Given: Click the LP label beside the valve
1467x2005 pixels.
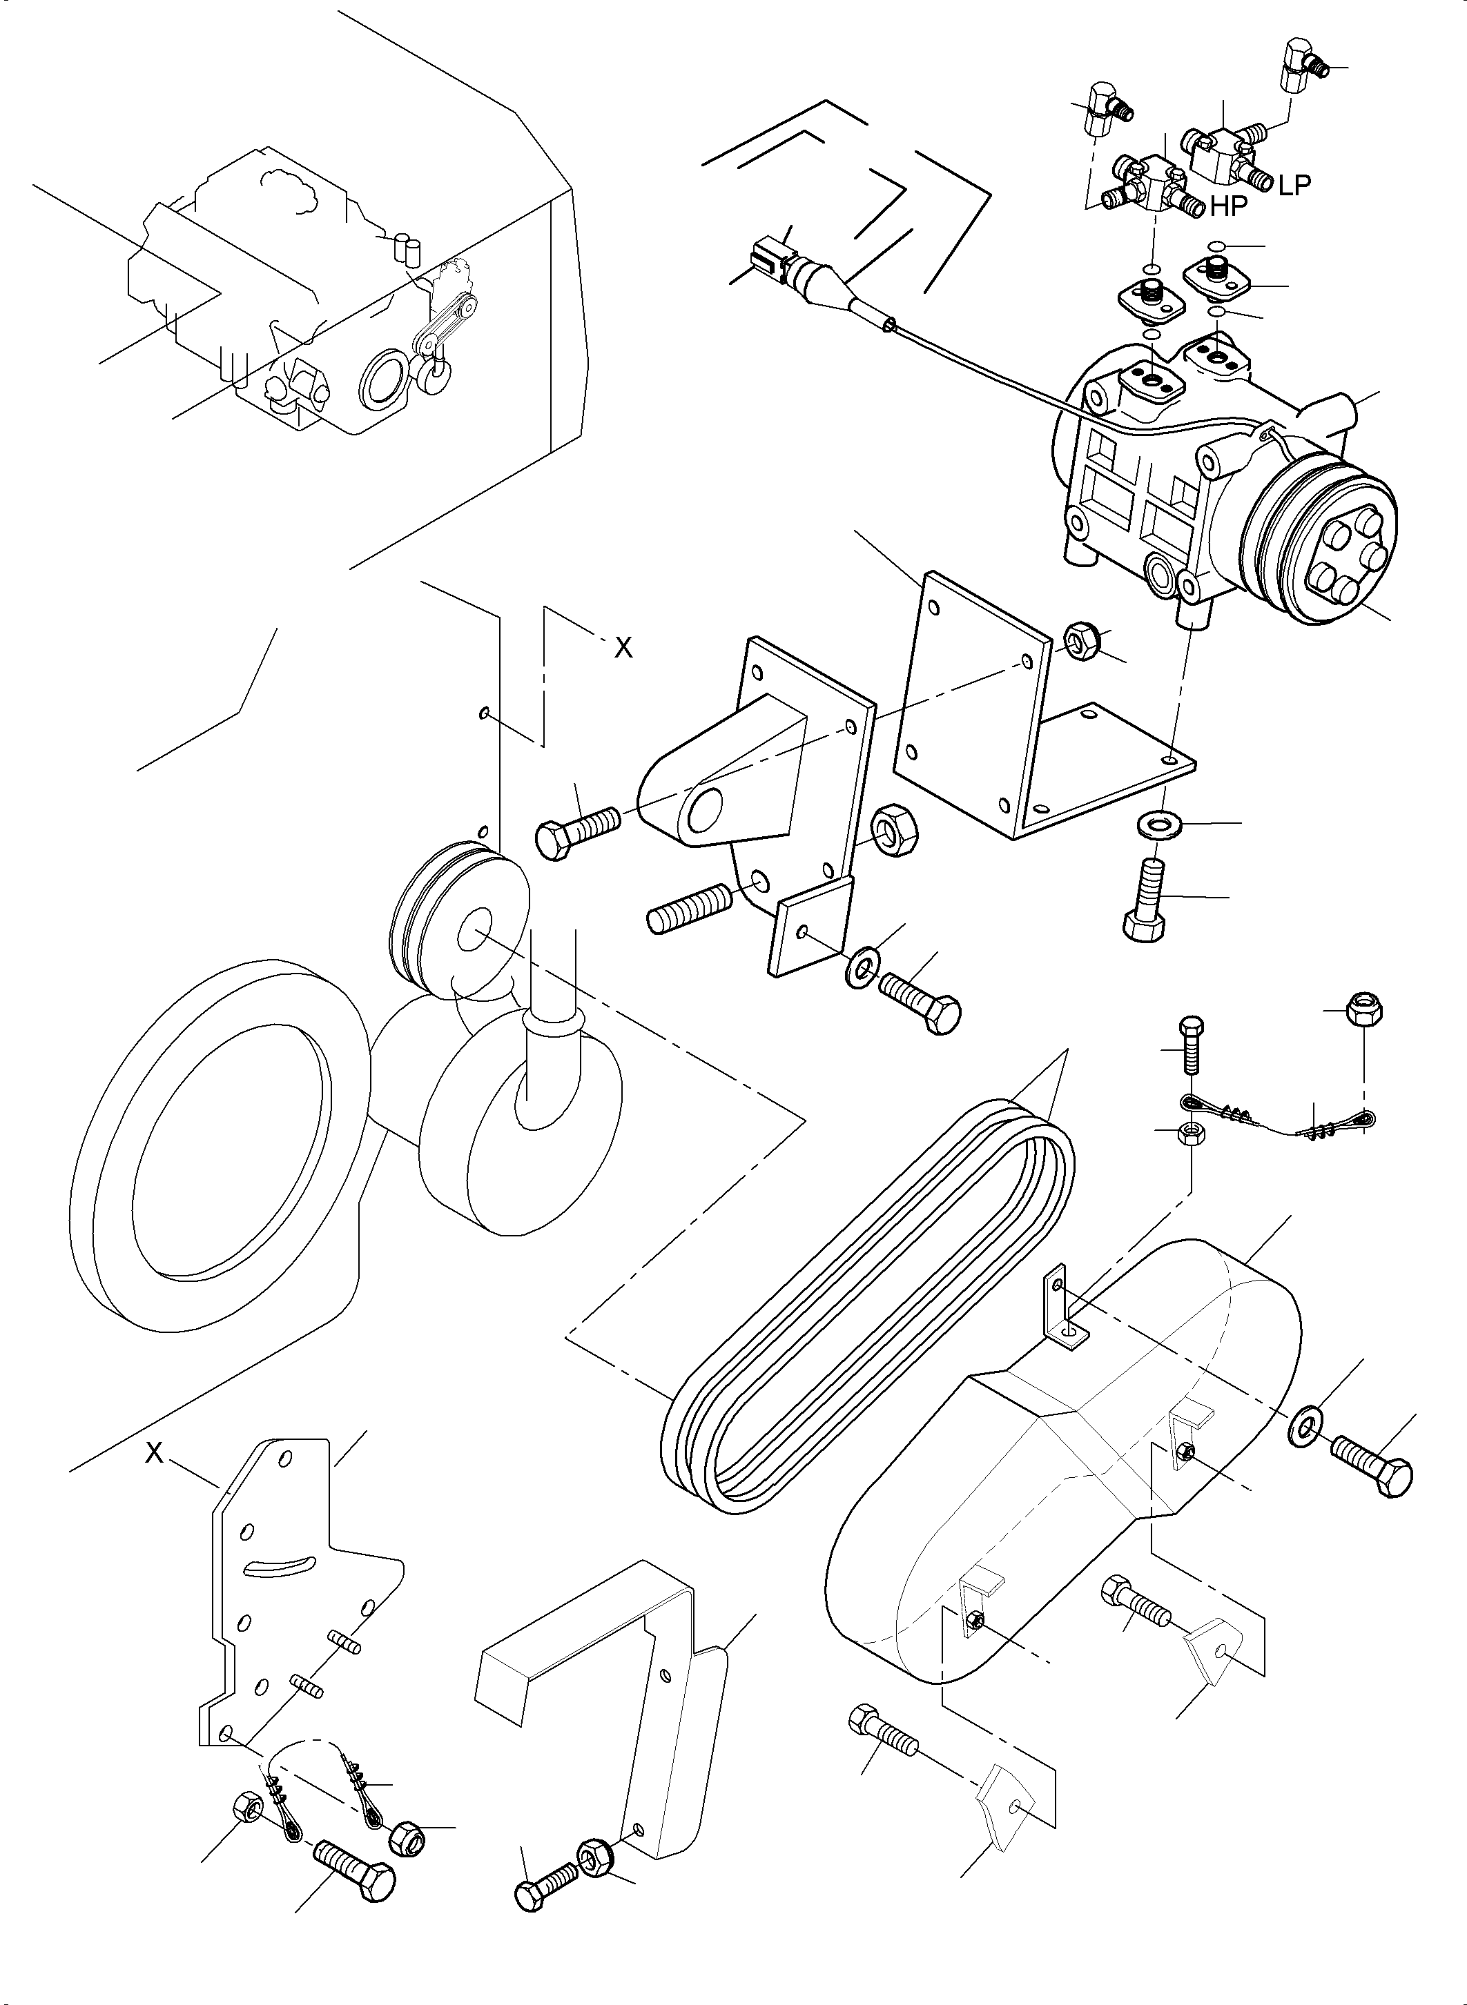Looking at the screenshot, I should tap(1294, 185).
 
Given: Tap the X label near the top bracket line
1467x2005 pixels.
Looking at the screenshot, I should tap(623, 649).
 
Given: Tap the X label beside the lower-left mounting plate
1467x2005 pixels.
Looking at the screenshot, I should tap(155, 1453).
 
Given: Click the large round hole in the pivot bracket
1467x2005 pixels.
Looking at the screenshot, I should tap(707, 811).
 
